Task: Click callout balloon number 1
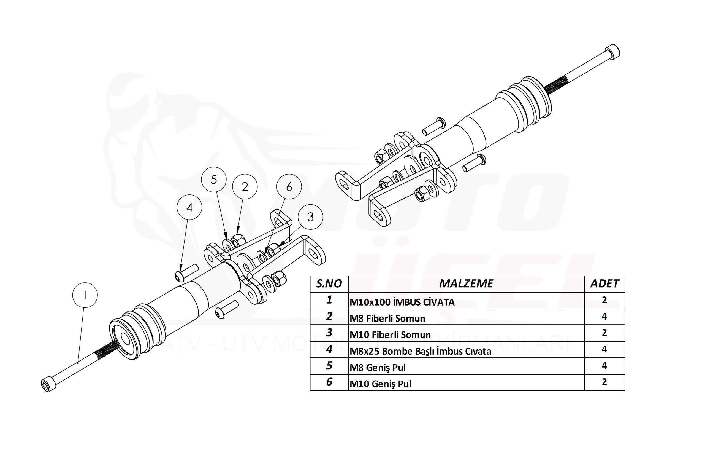85,295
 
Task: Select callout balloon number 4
189,207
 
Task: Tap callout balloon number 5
214,180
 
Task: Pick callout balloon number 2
245,187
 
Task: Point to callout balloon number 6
289,187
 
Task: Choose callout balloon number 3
310,217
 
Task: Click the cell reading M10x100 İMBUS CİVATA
402,302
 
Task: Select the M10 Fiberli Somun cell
390,335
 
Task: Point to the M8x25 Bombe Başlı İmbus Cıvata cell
420,352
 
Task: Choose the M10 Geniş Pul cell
380,384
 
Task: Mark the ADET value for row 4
604,349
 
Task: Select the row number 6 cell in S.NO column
329,382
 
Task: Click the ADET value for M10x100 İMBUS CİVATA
604,300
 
